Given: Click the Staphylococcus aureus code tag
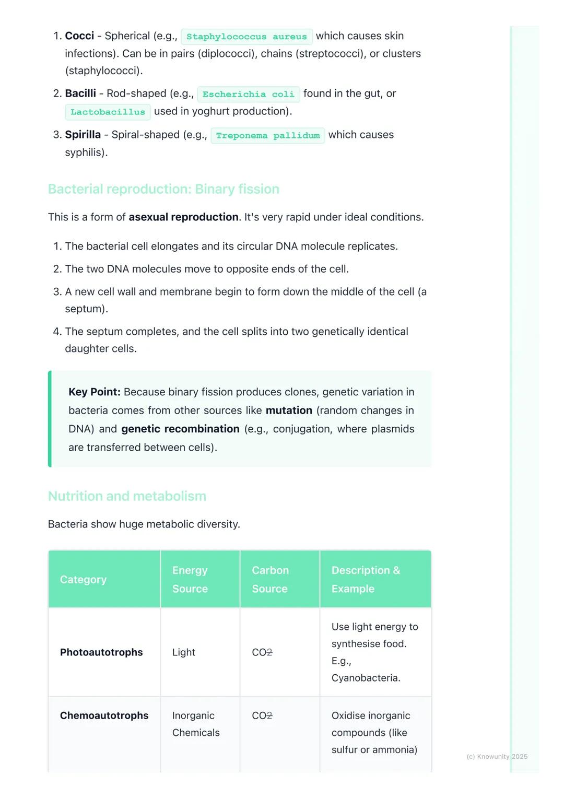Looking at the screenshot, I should pos(246,37).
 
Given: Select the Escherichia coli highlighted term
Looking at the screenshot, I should pos(248,94).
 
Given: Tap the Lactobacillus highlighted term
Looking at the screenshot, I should pos(108,112).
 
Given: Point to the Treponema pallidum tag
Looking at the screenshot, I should pos(267,136).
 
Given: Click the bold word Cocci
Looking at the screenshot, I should pos(79,36).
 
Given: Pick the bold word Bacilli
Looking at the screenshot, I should pos(80,93).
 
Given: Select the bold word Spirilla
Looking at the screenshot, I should pos(83,135).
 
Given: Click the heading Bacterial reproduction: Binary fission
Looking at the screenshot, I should pos(163,189).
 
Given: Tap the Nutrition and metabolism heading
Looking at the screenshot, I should pos(127,496).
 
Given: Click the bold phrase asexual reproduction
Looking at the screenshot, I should pos(183,217).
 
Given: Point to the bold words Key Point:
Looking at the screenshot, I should pos(95,392).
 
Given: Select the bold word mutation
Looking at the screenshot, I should pos(289,410).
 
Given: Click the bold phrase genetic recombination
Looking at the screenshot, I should pos(180,429).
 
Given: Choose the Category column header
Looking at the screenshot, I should pos(83,580).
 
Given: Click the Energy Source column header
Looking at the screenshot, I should pos(190,580).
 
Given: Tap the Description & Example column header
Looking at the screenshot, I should pos(366,580).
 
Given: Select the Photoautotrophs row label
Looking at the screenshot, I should pos(101,652).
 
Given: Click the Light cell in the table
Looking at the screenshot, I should pos(184,652).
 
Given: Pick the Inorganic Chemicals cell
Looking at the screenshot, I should pos(196,724).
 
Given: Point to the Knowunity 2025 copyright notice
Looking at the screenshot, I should pos(497,757).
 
